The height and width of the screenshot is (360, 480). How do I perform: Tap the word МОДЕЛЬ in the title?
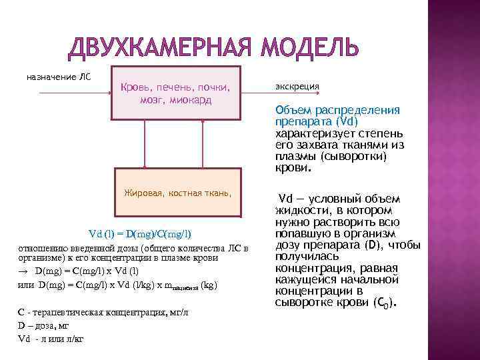307,47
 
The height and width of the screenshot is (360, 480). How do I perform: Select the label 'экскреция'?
297,87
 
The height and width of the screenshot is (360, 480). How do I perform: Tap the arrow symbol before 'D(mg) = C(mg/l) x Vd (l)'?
23,272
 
